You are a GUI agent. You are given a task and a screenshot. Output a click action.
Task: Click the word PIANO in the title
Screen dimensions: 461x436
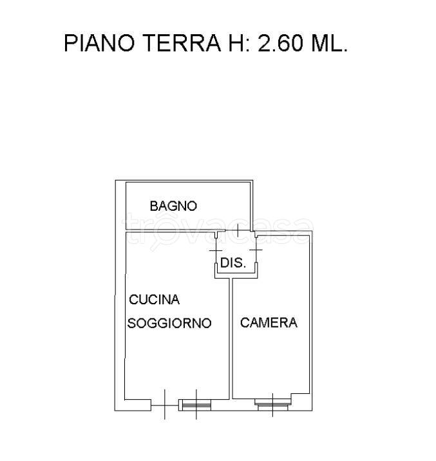[100, 44]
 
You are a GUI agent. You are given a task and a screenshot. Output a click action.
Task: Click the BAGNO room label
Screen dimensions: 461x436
[173, 206]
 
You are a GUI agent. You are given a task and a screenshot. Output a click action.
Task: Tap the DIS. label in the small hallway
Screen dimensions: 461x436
[232, 263]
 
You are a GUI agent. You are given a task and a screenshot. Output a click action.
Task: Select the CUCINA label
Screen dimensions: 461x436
[155, 300]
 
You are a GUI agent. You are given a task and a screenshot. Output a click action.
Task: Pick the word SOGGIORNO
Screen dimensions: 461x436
[169, 324]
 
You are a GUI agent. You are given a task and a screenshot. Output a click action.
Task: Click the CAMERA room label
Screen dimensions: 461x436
[269, 322]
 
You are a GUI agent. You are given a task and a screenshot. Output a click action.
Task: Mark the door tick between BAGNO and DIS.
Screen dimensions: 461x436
[238, 230]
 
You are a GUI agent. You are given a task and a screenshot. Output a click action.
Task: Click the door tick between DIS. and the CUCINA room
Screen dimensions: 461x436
[215, 250]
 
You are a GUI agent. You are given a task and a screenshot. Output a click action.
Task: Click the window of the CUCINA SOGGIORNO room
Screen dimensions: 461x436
[196, 405]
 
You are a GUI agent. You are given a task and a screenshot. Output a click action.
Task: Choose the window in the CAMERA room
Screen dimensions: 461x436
[273, 404]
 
